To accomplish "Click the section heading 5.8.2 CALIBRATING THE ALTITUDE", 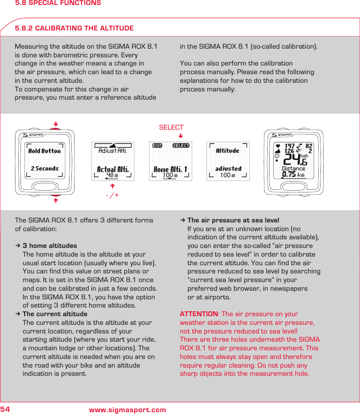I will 74,28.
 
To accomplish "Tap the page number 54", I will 5,409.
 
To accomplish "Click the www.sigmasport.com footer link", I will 127,410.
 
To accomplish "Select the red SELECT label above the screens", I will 171,127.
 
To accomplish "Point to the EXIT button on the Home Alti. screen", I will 157,146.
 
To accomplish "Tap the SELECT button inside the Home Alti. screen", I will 181,146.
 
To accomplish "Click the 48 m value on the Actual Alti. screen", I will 112,176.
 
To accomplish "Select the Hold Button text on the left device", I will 44,151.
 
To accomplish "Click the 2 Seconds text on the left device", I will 45,168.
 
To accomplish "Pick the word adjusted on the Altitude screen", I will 228,168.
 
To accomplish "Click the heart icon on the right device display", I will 278,146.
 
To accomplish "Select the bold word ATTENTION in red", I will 199,314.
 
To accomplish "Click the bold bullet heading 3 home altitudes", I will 50,246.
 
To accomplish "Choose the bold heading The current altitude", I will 55,314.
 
